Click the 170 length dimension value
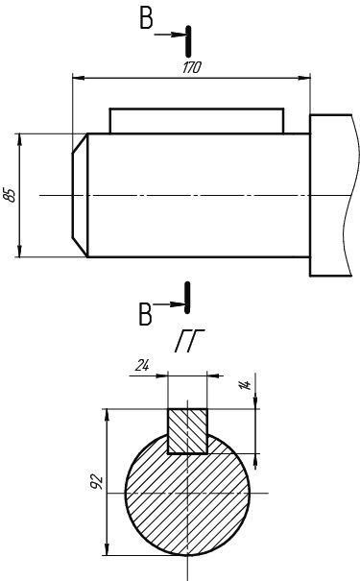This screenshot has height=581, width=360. point(192,67)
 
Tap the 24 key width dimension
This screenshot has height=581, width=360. point(142,366)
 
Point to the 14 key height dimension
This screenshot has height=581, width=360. point(245,385)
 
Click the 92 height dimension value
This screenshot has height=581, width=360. point(97,481)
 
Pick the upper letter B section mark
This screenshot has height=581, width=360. point(146,18)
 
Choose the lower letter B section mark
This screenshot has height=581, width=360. point(145,314)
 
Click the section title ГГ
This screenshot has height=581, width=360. point(189,340)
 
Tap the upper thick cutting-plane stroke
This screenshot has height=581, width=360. point(188,41)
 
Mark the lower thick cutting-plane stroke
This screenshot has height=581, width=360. point(187,298)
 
